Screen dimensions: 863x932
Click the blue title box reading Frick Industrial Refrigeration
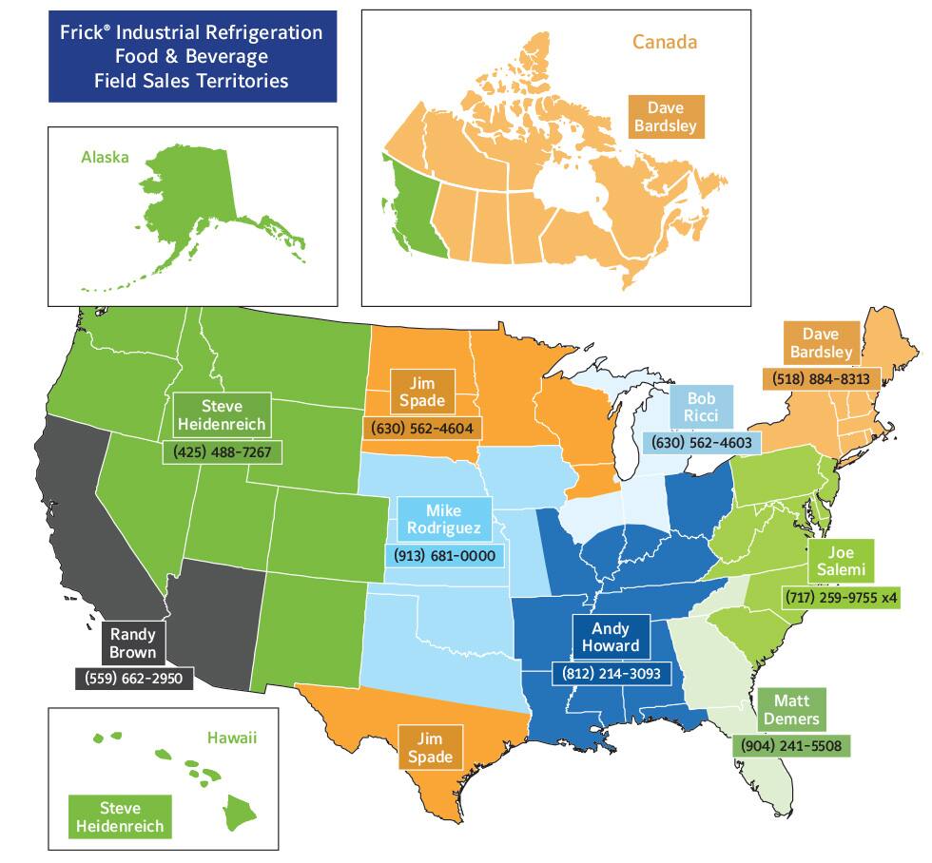pyautogui.click(x=193, y=56)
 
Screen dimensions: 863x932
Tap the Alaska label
pyautogui.click(x=105, y=158)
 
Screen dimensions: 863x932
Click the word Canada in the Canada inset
pyautogui.click(x=665, y=42)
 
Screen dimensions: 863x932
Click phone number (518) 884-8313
pyautogui.click(x=816, y=378)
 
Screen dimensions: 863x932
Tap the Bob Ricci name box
pyautogui.click(x=701, y=407)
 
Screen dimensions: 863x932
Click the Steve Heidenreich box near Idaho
pyautogui.click(x=221, y=414)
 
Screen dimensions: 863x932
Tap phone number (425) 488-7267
pyautogui.click(x=222, y=451)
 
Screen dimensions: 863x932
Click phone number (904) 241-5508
pyautogui.click(x=791, y=745)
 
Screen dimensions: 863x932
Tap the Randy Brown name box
pyautogui.click(x=133, y=643)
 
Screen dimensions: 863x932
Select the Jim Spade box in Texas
pyautogui.click(x=430, y=748)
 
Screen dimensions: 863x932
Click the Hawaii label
pyautogui.click(x=233, y=737)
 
